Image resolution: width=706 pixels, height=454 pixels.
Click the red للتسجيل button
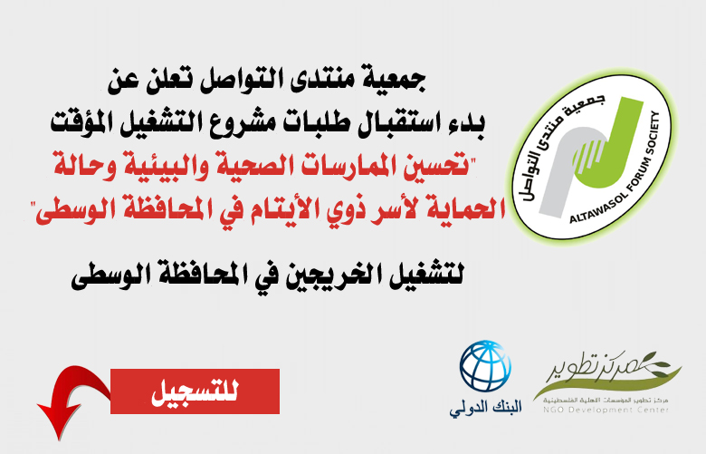coord(195,391)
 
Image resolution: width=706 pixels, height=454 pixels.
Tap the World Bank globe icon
coord(485,366)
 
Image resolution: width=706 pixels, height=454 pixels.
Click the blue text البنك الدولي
coord(485,408)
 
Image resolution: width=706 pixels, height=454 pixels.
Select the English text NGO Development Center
coord(606,410)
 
